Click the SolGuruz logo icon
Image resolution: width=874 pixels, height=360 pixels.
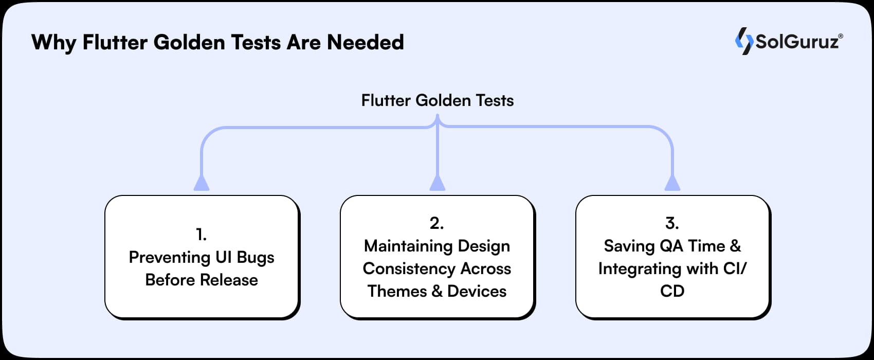pyautogui.click(x=744, y=41)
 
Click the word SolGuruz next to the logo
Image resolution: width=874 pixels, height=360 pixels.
pyautogui.click(x=796, y=42)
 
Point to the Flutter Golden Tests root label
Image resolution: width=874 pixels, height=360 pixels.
pyautogui.click(x=437, y=100)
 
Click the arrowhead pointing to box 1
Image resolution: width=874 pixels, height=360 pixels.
pyautogui.click(x=202, y=183)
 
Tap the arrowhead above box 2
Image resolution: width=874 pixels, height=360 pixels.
pyautogui.click(x=437, y=183)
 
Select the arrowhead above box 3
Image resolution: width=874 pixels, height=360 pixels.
pyautogui.click(x=672, y=183)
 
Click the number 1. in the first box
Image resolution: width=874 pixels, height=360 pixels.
pyautogui.click(x=202, y=235)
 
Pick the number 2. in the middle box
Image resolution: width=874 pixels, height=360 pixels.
pyautogui.click(x=436, y=223)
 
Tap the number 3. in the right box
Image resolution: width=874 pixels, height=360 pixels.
pyautogui.click(x=672, y=223)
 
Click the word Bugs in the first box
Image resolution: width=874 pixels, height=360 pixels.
pyautogui.click(x=256, y=258)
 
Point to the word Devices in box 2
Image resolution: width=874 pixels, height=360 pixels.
pyautogui.click(x=477, y=291)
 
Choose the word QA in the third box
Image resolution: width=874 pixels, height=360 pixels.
pyautogui.click(x=671, y=246)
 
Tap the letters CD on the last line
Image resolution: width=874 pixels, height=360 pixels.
pyautogui.click(x=672, y=291)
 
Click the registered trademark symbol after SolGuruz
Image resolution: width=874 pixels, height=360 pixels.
pyautogui.click(x=841, y=36)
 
